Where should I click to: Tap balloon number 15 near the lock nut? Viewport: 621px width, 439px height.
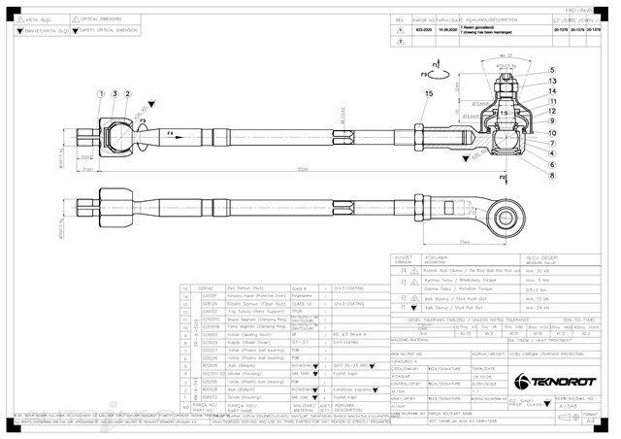(x=428, y=91)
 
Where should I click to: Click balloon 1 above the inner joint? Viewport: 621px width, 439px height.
(x=101, y=92)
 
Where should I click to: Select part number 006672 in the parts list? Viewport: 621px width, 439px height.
(x=207, y=397)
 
